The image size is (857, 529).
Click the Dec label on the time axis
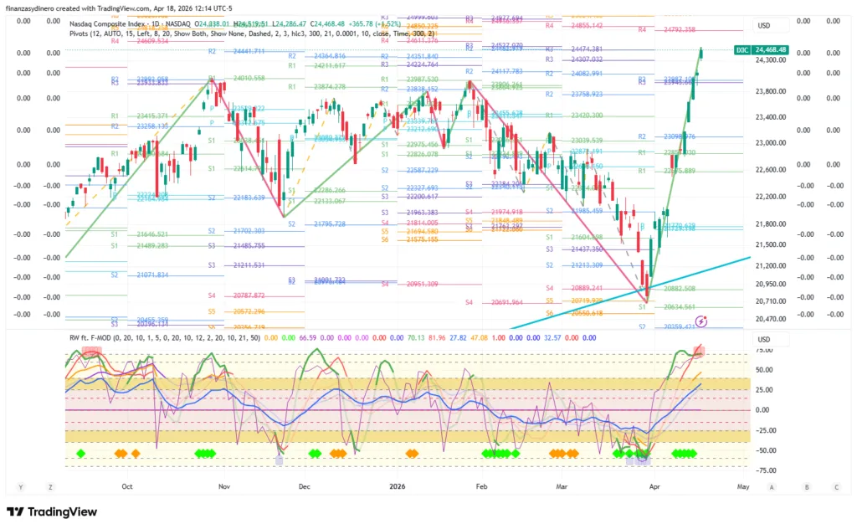pyautogui.click(x=304, y=485)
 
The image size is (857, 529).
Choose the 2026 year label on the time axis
pyautogui.click(x=397, y=485)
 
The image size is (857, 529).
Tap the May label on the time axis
pyautogui.click(x=742, y=485)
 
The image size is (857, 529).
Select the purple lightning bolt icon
pyautogui.click(x=702, y=320)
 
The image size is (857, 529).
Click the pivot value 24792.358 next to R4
pyautogui.click(x=679, y=29)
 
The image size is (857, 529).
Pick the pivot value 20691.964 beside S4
pyautogui.click(x=507, y=302)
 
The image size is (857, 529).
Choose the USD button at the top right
pyautogui.click(x=763, y=25)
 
